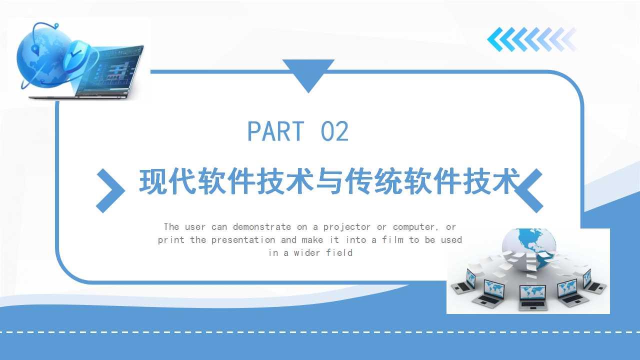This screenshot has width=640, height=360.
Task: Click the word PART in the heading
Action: tap(275, 131)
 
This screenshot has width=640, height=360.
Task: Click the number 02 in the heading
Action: tap(334, 131)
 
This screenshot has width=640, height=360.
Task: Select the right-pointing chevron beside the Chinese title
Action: tap(110, 190)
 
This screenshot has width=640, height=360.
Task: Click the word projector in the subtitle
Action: tap(346, 227)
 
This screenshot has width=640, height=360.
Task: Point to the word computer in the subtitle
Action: tap(413, 227)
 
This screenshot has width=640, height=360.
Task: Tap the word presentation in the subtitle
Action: tap(243, 240)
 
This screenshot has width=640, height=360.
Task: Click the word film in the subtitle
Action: tap(392, 239)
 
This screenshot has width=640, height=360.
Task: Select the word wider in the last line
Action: tap(306, 253)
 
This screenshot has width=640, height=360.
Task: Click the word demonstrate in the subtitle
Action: tap(261, 227)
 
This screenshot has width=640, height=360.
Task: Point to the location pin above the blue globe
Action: tap(56, 26)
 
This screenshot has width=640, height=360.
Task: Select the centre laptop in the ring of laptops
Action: tap(532, 297)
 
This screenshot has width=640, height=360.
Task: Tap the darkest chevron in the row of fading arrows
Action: tap(495, 39)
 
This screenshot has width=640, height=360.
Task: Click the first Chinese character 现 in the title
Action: tap(153, 182)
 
